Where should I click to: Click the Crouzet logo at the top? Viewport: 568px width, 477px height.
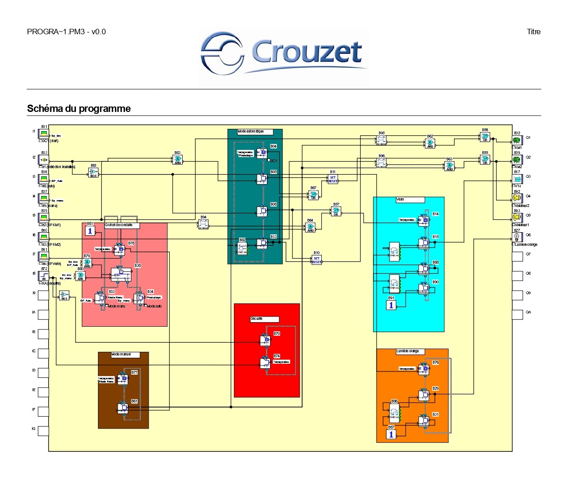click(284, 52)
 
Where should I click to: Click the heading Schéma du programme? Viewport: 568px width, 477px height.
click(79, 109)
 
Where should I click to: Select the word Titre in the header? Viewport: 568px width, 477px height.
click(533, 32)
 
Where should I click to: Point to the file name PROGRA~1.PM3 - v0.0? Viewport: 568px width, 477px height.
click(66, 32)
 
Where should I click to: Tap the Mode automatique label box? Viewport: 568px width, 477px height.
click(254, 132)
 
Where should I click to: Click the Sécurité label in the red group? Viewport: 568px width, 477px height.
click(264, 319)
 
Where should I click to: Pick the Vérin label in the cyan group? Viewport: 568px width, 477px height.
click(410, 200)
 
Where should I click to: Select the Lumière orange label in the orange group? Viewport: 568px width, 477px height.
click(410, 351)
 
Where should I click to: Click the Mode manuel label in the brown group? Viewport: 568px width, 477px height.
click(123, 355)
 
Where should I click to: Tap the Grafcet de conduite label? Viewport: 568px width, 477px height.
click(121, 225)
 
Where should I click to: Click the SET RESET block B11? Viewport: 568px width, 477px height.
click(333, 179)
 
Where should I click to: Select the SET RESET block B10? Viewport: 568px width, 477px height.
click(316, 260)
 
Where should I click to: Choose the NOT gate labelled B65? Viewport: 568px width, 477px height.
click(93, 172)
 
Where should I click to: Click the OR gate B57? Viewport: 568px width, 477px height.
click(336, 212)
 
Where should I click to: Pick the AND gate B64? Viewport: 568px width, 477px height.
click(310, 228)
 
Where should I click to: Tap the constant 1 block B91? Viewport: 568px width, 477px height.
click(391, 305)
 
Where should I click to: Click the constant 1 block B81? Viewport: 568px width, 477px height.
click(90, 231)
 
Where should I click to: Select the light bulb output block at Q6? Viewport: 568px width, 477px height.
click(517, 237)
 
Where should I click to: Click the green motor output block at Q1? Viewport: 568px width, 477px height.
click(517, 140)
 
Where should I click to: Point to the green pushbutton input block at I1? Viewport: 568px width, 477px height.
click(43, 133)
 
